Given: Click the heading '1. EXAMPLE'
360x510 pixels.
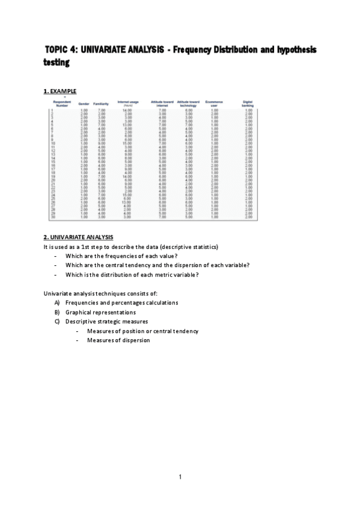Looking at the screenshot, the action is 59,91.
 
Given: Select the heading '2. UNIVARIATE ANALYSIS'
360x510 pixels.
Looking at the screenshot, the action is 78,238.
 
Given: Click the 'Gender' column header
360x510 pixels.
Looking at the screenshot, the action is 84,104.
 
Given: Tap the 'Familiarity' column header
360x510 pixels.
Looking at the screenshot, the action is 100,104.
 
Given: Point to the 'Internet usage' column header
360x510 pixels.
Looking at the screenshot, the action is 127,103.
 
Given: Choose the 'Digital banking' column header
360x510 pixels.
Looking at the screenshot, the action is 248,103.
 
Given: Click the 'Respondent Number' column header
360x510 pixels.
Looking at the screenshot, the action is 63,103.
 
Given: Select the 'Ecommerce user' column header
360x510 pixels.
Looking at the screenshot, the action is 214,103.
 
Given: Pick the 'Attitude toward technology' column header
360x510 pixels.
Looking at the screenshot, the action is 188,103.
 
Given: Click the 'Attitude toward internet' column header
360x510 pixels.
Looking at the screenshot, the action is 162,103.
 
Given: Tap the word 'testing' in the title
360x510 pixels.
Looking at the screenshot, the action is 56,61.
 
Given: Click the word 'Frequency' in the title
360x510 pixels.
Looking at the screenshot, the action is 199,49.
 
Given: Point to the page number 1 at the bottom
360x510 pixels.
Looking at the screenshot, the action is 180,477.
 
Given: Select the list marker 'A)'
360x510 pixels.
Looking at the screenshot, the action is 56,303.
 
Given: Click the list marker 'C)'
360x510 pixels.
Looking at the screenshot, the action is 56,322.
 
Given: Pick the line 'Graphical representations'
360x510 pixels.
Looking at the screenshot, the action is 100,312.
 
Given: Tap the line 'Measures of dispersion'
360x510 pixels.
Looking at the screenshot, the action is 118,340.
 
